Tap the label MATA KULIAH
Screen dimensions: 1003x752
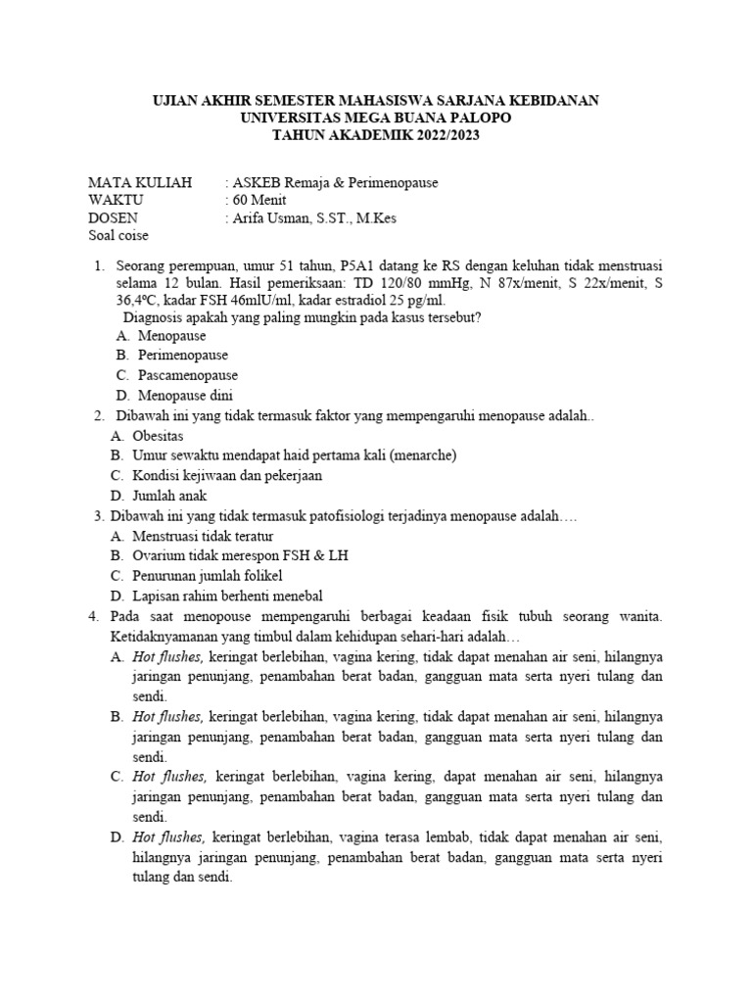140,182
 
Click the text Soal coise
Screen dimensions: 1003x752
118,235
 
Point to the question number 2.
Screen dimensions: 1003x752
95,415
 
